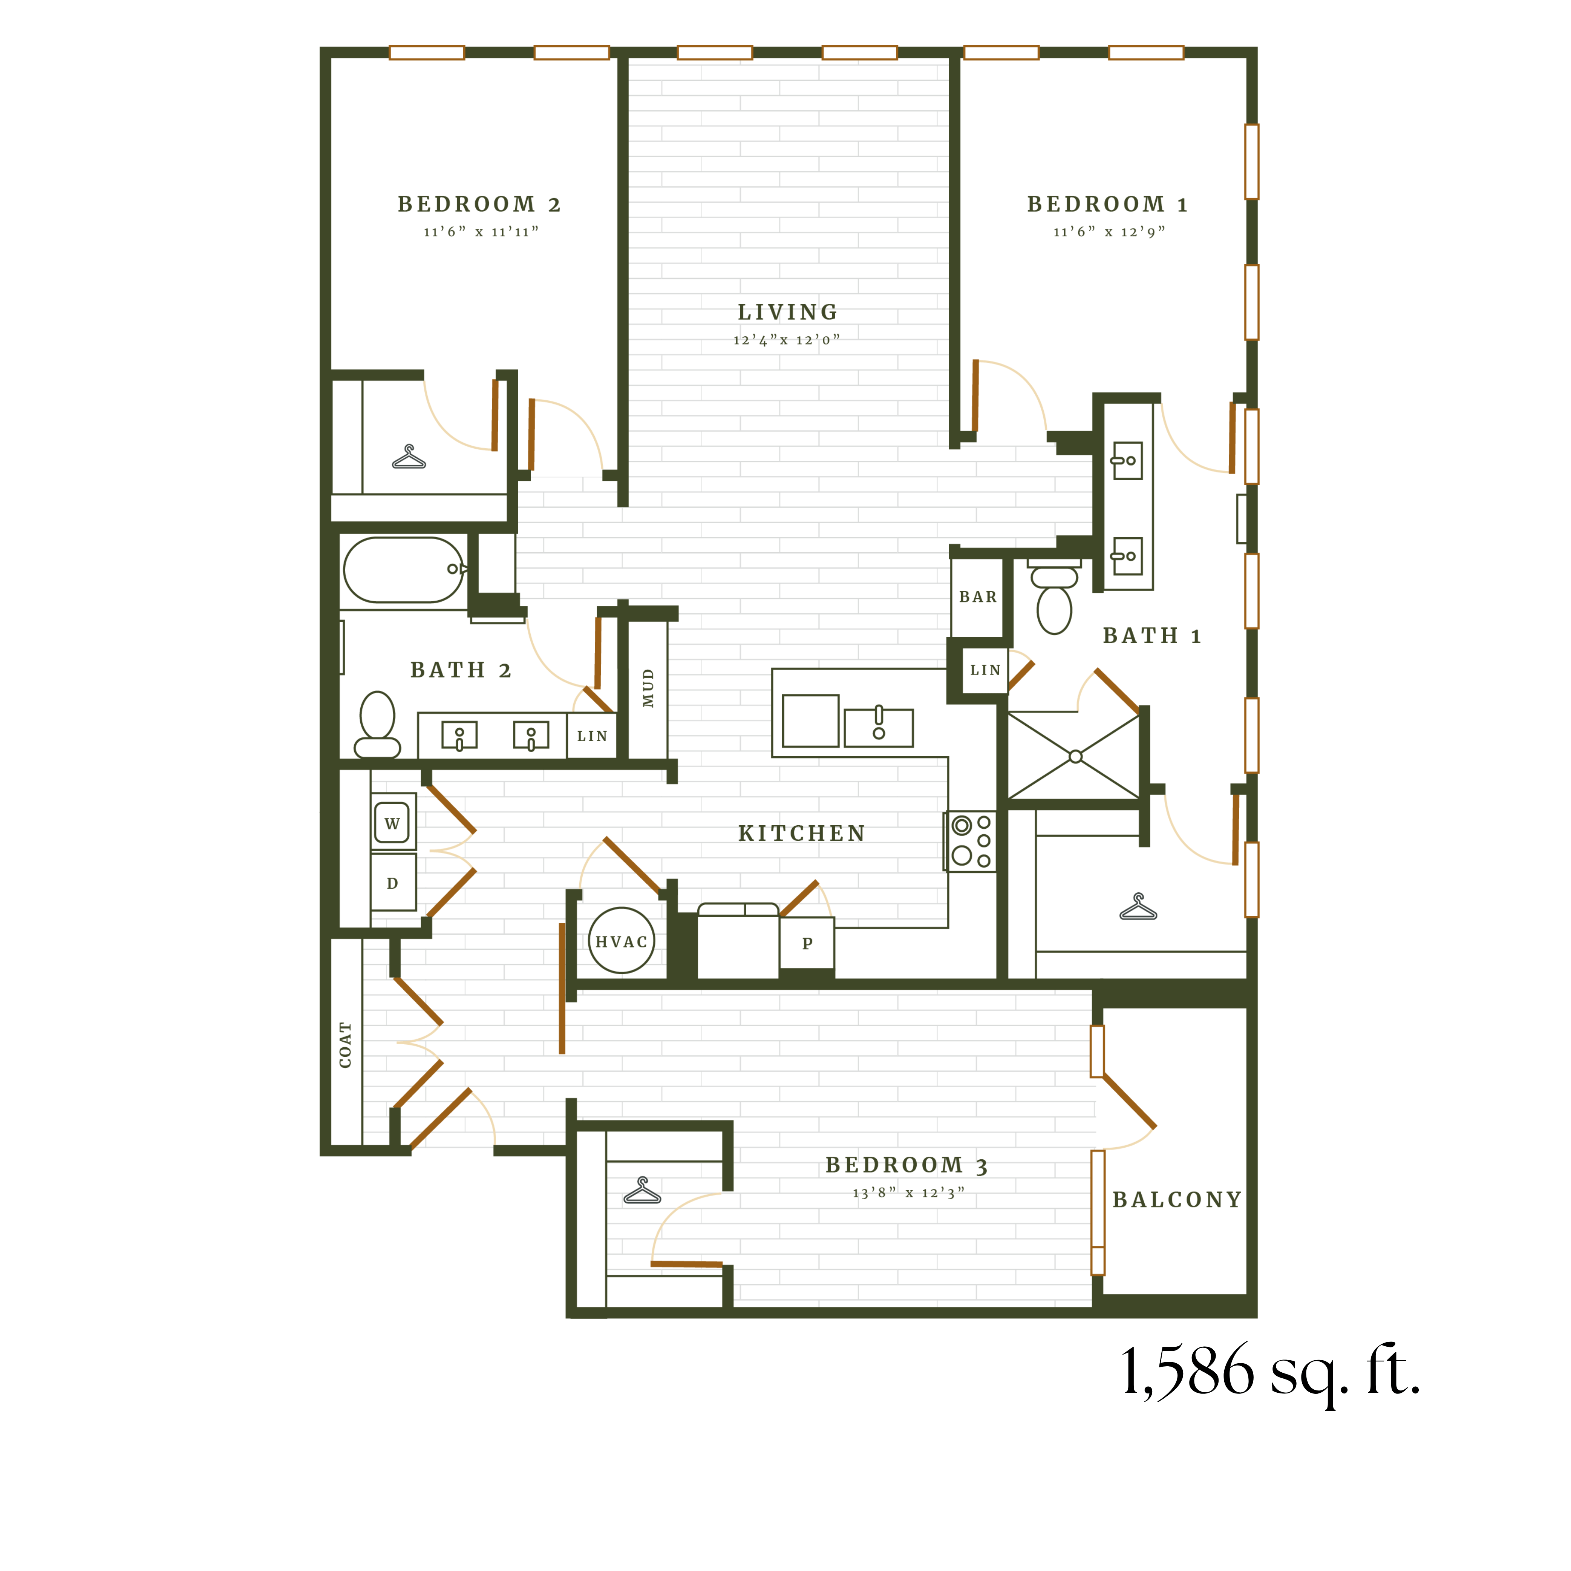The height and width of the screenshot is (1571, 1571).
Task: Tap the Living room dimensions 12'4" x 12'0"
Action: tap(786, 340)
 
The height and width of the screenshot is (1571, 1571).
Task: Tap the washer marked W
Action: tap(392, 823)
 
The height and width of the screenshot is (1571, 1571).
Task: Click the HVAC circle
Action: tap(621, 941)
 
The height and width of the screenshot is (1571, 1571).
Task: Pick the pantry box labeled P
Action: tap(807, 943)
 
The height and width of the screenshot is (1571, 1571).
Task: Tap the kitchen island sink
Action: tap(878, 727)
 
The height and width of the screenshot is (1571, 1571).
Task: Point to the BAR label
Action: tap(977, 597)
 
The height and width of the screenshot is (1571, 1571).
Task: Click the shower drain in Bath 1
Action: tap(1075, 756)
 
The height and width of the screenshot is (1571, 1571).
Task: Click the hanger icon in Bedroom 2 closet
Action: tap(409, 458)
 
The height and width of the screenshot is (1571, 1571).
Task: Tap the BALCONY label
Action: tap(1177, 1199)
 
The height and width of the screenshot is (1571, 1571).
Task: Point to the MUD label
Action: tap(648, 688)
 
